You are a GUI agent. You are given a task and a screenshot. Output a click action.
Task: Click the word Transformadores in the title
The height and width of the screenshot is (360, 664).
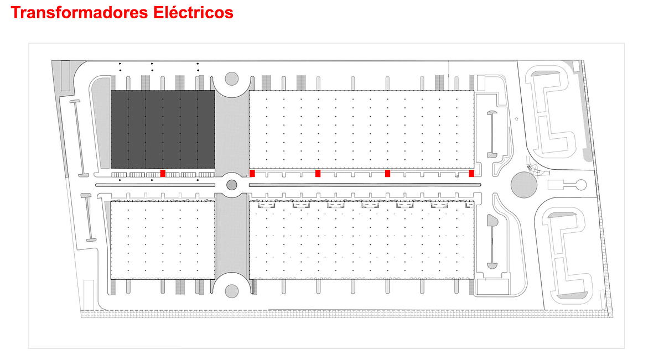click(80, 13)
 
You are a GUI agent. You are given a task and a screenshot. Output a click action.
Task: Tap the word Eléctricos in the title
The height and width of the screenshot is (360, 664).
click(193, 13)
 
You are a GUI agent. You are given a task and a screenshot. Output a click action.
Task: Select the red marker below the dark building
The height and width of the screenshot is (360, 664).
click(163, 173)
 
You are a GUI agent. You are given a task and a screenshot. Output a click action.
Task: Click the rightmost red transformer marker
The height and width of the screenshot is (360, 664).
click(471, 173)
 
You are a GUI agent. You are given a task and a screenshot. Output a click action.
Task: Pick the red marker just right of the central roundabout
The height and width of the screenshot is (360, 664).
click(252, 173)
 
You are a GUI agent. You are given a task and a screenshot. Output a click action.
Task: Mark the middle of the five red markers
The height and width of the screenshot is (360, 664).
click(318, 173)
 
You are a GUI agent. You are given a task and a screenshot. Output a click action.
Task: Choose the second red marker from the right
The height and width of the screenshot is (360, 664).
click(387, 173)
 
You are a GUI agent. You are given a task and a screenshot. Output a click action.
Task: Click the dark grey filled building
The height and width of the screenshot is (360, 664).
click(163, 129)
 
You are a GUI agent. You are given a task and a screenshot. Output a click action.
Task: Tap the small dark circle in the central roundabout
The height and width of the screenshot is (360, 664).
click(232, 185)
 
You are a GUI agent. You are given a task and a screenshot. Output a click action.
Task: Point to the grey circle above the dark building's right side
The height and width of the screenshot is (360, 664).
click(232, 79)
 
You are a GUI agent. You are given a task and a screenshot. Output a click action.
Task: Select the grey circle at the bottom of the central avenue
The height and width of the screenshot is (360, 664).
click(232, 291)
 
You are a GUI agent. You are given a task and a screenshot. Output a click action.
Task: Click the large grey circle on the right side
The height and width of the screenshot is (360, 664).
click(524, 185)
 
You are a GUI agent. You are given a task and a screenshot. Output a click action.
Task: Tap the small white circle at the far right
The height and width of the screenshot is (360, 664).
click(581, 185)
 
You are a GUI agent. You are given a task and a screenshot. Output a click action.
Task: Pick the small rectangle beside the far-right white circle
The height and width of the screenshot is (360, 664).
click(556, 185)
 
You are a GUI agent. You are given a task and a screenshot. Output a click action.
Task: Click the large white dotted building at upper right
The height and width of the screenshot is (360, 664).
click(361, 129)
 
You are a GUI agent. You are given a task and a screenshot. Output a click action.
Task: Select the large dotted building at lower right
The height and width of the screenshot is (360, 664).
click(361, 240)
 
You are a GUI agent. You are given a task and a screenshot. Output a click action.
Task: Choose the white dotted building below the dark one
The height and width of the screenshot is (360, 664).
click(163, 240)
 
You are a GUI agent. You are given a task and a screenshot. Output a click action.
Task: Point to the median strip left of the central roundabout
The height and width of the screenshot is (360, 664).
click(155, 185)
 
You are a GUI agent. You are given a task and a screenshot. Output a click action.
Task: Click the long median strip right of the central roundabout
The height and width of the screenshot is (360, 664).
click(365, 185)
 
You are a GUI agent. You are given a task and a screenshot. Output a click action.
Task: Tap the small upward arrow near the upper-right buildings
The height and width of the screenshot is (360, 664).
click(517, 119)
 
